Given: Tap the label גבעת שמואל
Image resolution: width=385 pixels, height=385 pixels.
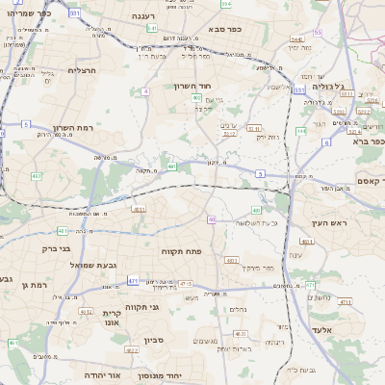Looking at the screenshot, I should (94, 265).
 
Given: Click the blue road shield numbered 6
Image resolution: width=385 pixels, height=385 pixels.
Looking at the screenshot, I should (325, 142).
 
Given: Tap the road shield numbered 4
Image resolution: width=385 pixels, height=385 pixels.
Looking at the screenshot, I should (144, 91).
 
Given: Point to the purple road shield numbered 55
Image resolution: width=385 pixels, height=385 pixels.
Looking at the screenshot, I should (210, 219).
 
